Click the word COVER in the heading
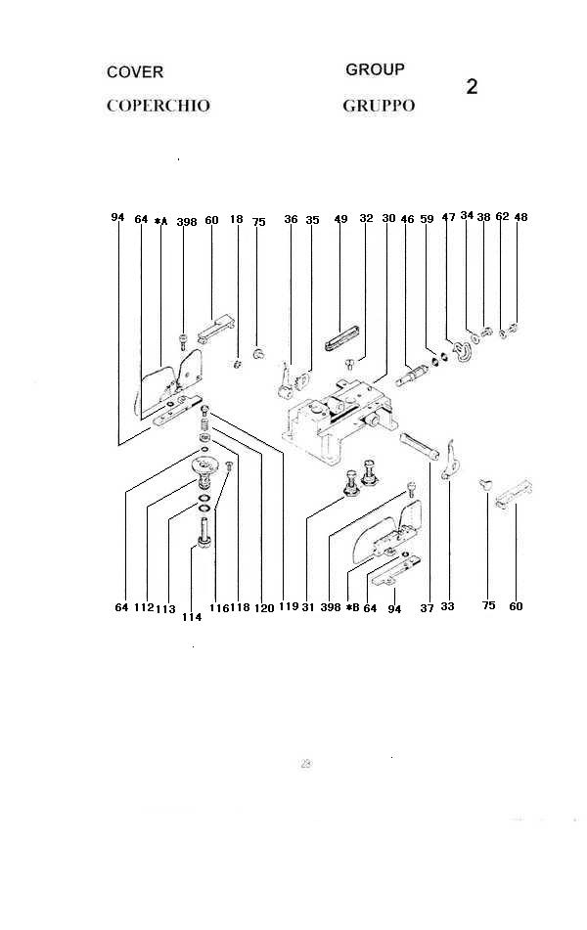pyautogui.click(x=135, y=72)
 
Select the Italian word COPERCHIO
pyautogui.click(x=158, y=106)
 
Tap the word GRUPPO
pyautogui.click(x=379, y=106)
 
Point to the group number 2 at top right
pyautogui.click(x=472, y=86)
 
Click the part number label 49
pyautogui.click(x=340, y=220)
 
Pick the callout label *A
pyautogui.click(x=161, y=221)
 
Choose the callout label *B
pyautogui.click(x=353, y=607)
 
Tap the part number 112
pyautogui.click(x=144, y=607)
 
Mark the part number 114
pyautogui.click(x=191, y=617)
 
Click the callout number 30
pyautogui.click(x=388, y=219)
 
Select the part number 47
pyautogui.click(x=448, y=218)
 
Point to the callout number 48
pyautogui.click(x=520, y=217)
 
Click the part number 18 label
pyautogui.click(x=236, y=220)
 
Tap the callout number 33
pyautogui.click(x=447, y=606)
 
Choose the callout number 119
pyautogui.click(x=288, y=606)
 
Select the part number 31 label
pyautogui.click(x=308, y=606)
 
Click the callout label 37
pyautogui.click(x=427, y=607)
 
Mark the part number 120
pyautogui.click(x=263, y=607)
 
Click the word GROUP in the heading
pyautogui.click(x=375, y=69)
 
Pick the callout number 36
pyautogui.click(x=291, y=220)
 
